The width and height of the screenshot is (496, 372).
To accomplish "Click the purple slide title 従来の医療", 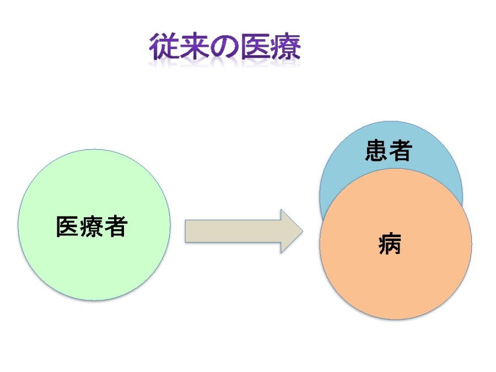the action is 225,46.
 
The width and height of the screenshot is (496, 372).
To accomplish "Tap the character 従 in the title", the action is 164,46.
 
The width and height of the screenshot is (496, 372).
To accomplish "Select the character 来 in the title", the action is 193,46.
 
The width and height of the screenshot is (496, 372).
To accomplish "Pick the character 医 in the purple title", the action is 255,46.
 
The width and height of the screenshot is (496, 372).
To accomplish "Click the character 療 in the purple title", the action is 285,46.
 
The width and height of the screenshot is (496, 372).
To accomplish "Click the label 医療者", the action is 91,226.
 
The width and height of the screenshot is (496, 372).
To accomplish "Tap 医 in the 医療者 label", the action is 67,226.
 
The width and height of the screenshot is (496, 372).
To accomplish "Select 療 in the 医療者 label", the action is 91,226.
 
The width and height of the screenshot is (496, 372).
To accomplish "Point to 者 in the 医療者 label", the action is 116,226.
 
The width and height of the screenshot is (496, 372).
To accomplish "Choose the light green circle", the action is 94,225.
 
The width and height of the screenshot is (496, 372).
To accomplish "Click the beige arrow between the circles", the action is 244,231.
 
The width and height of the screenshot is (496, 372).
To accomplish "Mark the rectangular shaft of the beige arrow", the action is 233,231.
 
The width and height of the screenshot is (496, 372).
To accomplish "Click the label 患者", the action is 389,150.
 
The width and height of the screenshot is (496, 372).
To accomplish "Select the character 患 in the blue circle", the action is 376,150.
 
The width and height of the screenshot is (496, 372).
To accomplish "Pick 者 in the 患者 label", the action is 401,150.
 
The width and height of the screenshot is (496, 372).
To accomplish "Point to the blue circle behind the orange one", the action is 391,145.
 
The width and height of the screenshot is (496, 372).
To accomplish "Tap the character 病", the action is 390,244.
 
